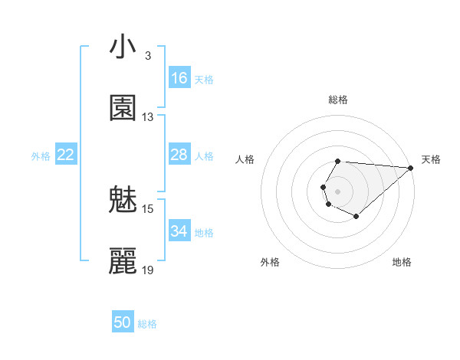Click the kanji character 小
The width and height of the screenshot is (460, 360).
point(123,48)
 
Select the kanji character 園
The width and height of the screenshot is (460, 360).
point(123,109)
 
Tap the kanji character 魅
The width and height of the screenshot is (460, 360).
point(123,201)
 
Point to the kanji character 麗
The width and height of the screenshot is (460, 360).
point(123,261)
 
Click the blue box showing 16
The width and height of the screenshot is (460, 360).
point(179,78)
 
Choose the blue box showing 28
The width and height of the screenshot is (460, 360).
point(179,155)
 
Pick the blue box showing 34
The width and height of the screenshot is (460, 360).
point(179,231)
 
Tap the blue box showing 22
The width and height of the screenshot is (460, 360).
point(66,155)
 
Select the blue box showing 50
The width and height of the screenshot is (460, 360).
point(123,322)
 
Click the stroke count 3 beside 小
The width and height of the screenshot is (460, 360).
point(148,56)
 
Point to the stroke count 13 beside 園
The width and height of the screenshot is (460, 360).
point(148,117)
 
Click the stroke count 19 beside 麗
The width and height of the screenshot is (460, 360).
point(148,270)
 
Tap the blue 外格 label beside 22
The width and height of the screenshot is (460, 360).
point(41,156)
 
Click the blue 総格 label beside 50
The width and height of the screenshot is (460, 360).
point(147,324)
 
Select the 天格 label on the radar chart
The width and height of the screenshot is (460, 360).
point(431,159)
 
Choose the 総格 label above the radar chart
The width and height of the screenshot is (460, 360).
point(338,100)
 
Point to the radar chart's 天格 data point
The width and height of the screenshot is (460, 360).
point(411,168)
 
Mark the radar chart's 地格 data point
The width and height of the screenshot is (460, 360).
point(356,218)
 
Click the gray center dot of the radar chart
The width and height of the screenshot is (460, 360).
point(337,190)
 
